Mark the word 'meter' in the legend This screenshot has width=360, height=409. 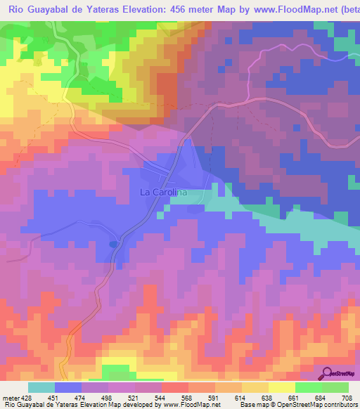tap(9, 398)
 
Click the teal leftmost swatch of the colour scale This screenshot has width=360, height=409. tap(41, 387)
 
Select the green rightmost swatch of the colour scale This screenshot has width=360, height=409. tap(335, 387)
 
